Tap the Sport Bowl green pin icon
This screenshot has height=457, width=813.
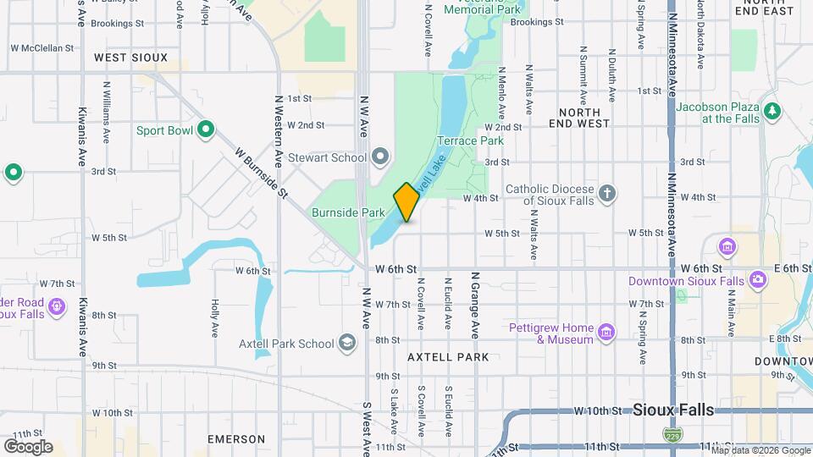pyautogui.click(x=205, y=130)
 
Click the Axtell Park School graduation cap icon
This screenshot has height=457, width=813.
pyautogui.click(x=346, y=343)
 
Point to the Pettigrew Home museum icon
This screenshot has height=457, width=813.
pyautogui.click(x=606, y=331)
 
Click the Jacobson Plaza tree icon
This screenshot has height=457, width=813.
pyautogui.click(x=771, y=111)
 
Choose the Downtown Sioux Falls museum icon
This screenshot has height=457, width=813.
pyautogui.click(x=727, y=247)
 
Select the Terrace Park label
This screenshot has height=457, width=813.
pyautogui.click(x=470, y=140)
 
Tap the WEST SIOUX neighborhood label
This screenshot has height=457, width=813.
pyautogui.click(x=131, y=58)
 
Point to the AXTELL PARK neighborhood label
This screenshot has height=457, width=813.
pyautogui.click(x=448, y=357)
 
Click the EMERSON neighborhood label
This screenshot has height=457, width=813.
pyautogui.click(x=237, y=439)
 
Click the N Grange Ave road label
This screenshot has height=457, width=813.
pyautogui.click(x=475, y=303)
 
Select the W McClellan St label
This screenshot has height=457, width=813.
pyautogui.click(x=42, y=47)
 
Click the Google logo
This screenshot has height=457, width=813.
pyautogui.click(x=28, y=446)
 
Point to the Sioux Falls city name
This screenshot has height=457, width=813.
pyautogui.click(x=673, y=410)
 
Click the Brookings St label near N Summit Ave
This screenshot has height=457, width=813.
pyautogui.click(x=538, y=22)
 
